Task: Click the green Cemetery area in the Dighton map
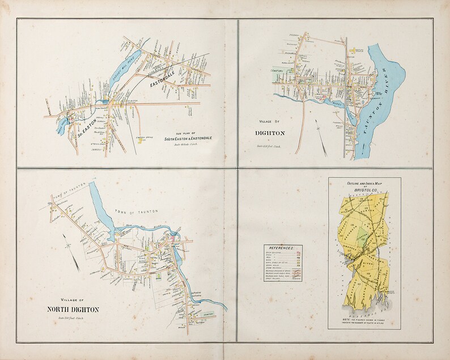(x=289, y=73)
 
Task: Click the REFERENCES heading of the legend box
(x=282, y=248)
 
